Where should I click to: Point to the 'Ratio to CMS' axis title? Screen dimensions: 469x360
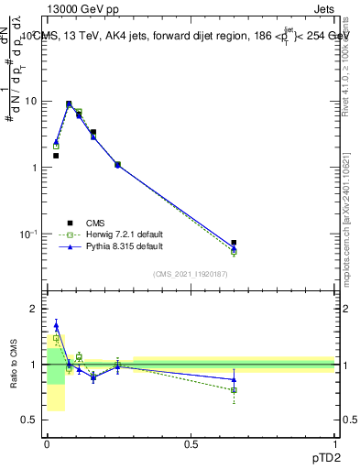14,364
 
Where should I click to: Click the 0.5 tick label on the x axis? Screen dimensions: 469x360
191,443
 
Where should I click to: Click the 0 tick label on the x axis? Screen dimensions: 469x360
47,443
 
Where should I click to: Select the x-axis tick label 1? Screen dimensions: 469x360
334,443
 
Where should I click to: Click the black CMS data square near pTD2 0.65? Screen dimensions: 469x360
235,243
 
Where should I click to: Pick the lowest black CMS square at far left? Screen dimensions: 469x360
56,156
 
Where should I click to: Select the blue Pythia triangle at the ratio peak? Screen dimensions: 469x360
56,324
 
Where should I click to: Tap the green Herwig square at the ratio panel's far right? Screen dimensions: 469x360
235,390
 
